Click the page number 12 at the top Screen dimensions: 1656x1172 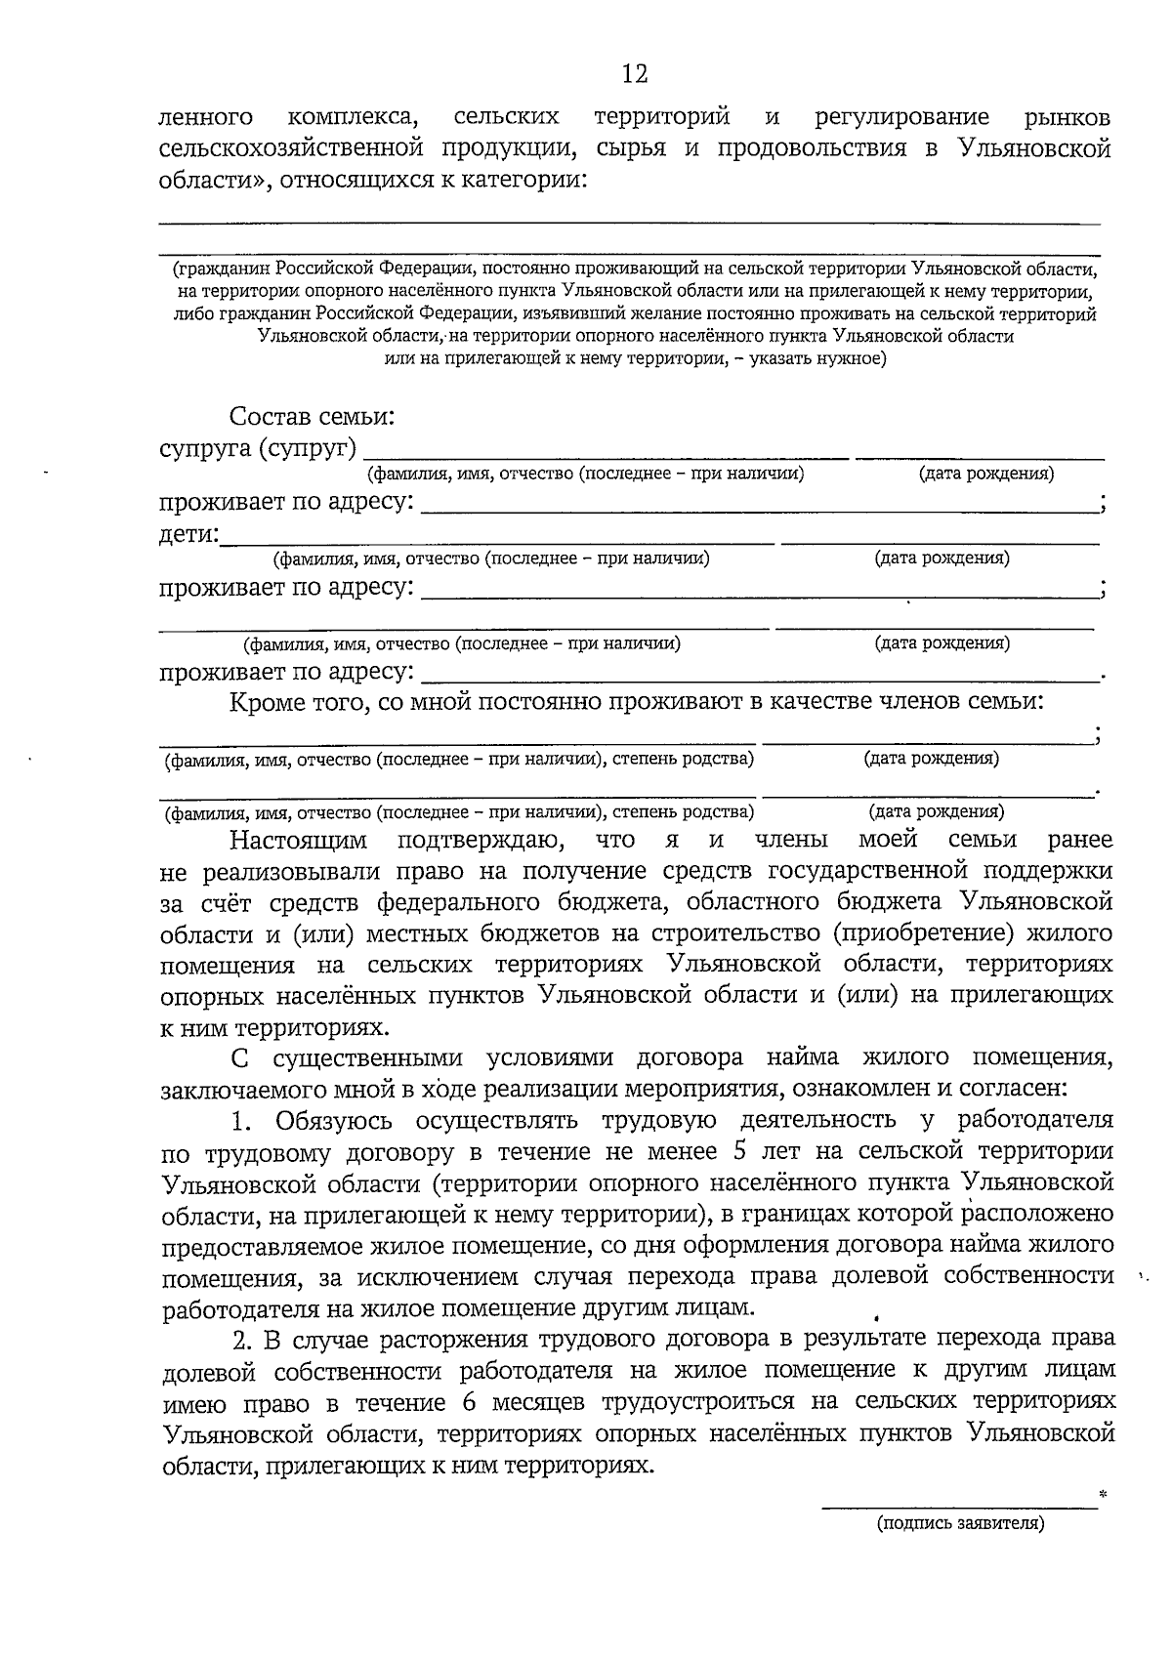pyautogui.click(x=634, y=74)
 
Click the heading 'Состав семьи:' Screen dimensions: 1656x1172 pyautogui.click(x=312, y=417)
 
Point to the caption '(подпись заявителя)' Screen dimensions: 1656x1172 pyautogui.click(x=960, y=1550)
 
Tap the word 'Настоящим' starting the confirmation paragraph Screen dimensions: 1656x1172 pyautogui.click(x=299, y=840)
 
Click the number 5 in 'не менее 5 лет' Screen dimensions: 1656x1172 pyautogui.click(x=738, y=1151)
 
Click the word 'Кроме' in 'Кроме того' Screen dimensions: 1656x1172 pyautogui.click(x=268, y=701)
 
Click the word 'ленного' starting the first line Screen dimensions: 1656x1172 pyautogui.click(x=206, y=118)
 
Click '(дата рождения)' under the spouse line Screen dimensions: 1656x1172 pyautogui.click(x=985, y=474)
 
